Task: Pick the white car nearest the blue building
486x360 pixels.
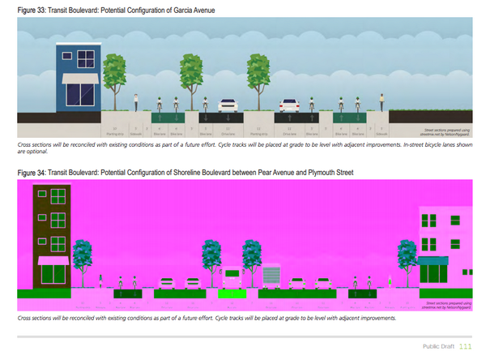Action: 228,105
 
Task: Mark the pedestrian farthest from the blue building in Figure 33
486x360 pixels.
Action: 382,102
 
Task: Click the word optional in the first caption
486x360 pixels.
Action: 30,150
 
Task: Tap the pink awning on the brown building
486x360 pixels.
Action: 53,260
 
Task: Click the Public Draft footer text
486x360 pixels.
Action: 438,347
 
